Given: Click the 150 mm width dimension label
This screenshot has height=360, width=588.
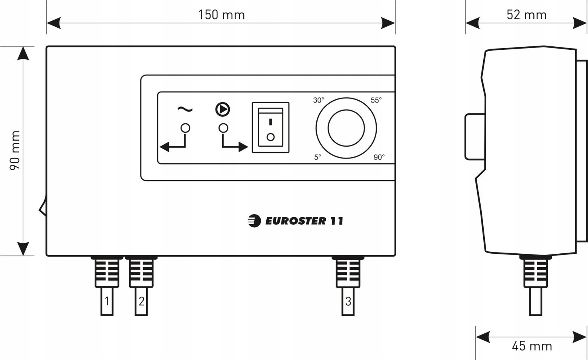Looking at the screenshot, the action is click(221, 15).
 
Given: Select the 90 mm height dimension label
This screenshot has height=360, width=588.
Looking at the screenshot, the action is click(15, 150).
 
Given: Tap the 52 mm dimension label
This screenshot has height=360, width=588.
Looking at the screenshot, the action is click(527, 15).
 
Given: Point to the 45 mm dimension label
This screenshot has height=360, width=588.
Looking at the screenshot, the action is click(532, 346).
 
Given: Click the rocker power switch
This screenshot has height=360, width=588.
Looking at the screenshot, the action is click(270, 127).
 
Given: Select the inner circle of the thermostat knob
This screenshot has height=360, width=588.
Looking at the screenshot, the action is click(346, 128).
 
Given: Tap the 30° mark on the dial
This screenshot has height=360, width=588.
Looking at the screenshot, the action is click(319, 100).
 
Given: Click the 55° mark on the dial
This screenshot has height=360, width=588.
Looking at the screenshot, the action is click(376, 100).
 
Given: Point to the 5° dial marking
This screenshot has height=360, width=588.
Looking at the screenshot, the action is click(318, 157).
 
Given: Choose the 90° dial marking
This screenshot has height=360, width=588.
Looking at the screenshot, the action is click(379, 157).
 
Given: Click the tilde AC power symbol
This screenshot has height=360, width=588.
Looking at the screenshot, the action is click(185, 109).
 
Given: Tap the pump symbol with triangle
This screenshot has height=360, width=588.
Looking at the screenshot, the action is click(223, 109).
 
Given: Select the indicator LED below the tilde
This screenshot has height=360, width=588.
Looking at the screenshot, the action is click(185, 128).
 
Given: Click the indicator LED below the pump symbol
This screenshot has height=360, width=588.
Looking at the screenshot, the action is click(223, 128).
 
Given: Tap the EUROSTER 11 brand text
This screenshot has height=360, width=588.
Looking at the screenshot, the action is click(304, 221).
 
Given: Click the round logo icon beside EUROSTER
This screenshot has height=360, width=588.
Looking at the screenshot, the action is click(254, 221).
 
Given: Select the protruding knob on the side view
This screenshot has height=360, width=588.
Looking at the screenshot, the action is click(475, 136).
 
